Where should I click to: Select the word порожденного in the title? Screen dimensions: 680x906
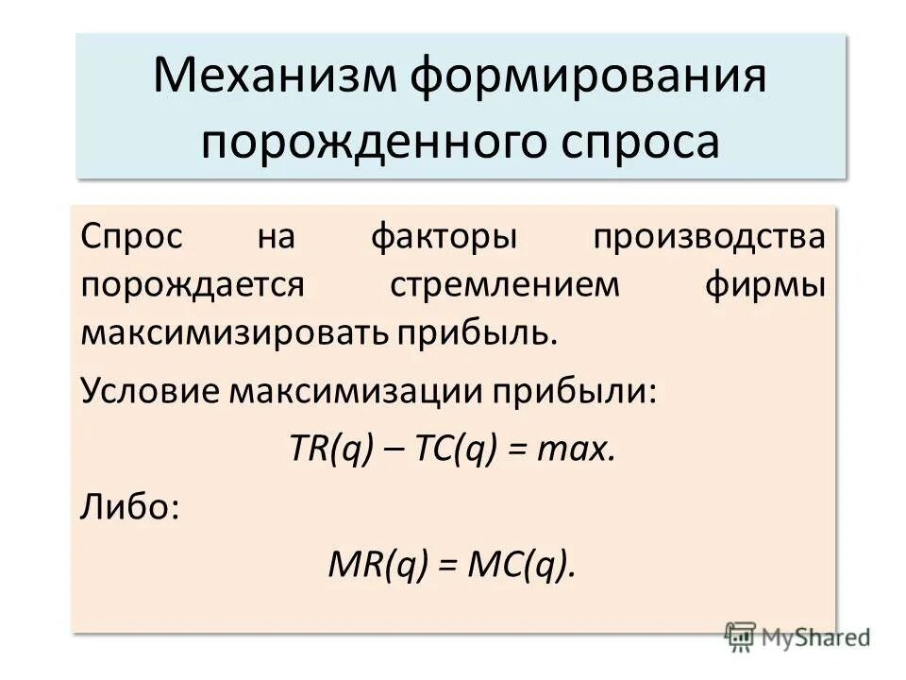click(x=356, y=142)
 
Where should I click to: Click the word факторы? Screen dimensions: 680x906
click(x=443, y=236)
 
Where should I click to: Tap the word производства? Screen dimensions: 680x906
click(x=709, y=236)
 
